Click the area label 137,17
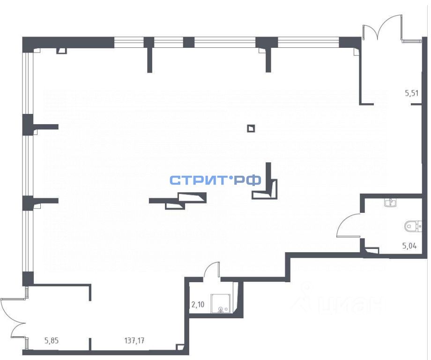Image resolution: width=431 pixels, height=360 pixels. point(134,341)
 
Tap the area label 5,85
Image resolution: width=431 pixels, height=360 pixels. point(52,341)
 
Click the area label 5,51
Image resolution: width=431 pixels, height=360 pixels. point(411,93)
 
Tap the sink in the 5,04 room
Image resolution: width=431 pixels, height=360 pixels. point(389,202)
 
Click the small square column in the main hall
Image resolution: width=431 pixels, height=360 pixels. point(252,128)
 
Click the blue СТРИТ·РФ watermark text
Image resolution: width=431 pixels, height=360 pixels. point(215,180)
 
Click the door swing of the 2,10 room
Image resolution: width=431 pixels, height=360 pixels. point(212,270)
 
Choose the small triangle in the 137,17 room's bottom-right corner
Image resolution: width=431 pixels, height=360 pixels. point(180,347)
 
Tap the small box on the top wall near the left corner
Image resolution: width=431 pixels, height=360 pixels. point(61,50)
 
